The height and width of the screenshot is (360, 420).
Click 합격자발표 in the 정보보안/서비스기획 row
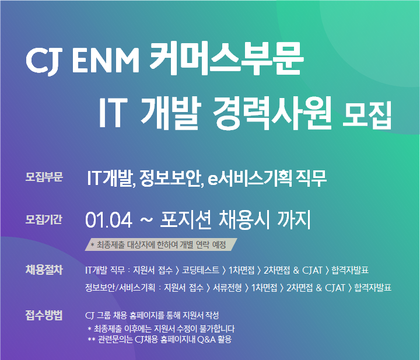tap(372, 288)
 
